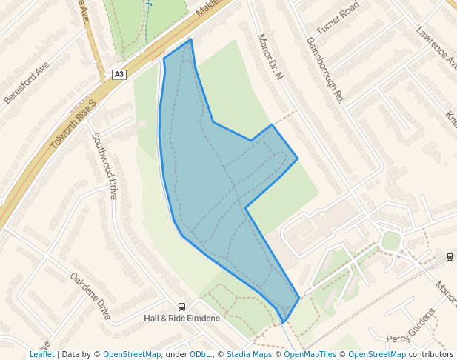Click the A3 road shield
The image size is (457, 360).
pos(119,74)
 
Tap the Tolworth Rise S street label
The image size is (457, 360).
pos(73,124)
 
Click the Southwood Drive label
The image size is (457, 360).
pos(105,165)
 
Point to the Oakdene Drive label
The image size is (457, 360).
pos(90,296)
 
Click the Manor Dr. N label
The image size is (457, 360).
pos(270,56)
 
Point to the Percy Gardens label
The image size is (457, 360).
pos(411,325)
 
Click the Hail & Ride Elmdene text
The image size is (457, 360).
pos(181,319)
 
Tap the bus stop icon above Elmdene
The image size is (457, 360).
pos(181,307)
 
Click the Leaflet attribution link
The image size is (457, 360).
pos(41,354)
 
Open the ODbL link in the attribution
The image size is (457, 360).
pos(199,354)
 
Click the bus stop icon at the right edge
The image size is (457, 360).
pos(450,257)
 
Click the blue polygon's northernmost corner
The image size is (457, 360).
pos(191,39)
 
